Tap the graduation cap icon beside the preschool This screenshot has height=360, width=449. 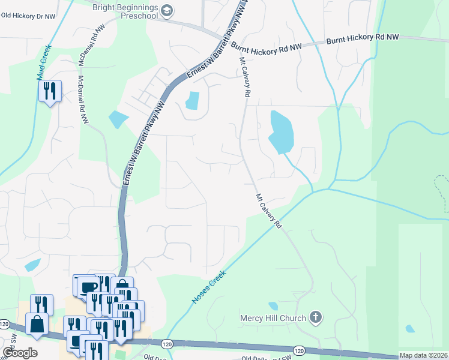(167, 11)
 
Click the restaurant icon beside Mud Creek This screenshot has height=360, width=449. (49, 91)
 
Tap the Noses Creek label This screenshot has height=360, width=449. (209, 287)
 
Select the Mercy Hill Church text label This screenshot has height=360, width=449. (273, 317)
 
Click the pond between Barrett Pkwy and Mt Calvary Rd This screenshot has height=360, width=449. (193, 100)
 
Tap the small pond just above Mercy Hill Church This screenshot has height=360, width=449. (273, 306)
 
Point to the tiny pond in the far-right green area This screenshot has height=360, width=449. (410, 328)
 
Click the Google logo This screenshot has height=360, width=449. (19, 353)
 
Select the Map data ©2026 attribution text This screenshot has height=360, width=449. (424, 355)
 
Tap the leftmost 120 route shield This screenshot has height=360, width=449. (5, 324)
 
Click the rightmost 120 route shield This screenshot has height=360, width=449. (298, 350)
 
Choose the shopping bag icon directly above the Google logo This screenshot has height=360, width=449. (36, 324)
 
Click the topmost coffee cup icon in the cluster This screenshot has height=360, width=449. (88, 286)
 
